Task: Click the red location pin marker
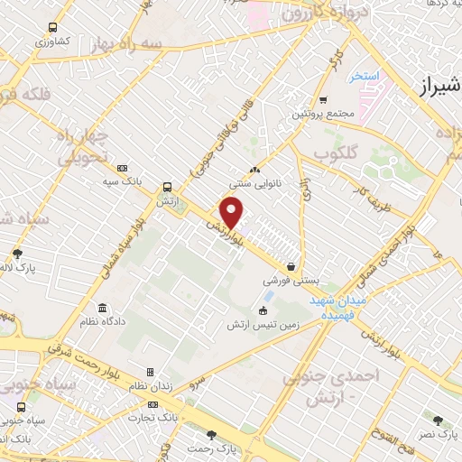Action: tap(232, 213)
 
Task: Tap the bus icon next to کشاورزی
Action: tap(53, 27)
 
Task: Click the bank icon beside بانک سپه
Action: tap(123, 168)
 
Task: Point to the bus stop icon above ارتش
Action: tap(167, 188)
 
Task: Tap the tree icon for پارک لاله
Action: tap(17, 254)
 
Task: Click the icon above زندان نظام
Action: tap(150, 372)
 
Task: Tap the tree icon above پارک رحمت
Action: tap(211, 434)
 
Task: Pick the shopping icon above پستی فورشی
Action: tap(291, 266)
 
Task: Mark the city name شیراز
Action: tap(440, 86)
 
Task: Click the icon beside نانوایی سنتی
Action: tap(254, 169)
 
